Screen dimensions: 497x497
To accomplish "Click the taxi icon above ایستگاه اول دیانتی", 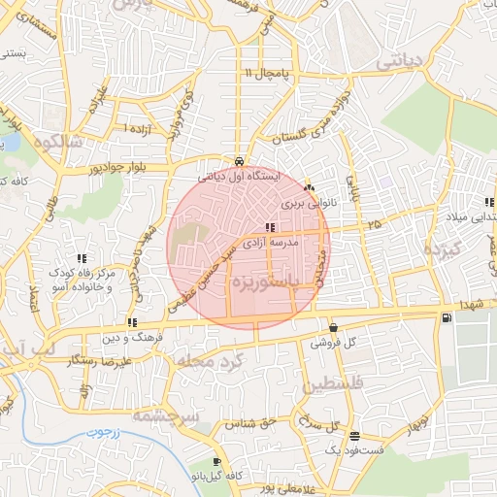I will pyautogui.click(x=239, y=161).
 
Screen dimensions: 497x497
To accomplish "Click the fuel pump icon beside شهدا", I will pyautogui.click(x=446, y=316).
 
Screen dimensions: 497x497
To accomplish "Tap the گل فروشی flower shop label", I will pyautogui.click(x=333, y=343).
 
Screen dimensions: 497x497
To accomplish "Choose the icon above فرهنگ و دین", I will pyautogui.click(x=132, y=322).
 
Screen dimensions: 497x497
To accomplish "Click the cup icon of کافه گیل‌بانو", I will pyautogui.click(x=216, y=461).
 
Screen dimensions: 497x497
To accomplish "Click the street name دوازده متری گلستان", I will pyautogui.click(x=302, y=119).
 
